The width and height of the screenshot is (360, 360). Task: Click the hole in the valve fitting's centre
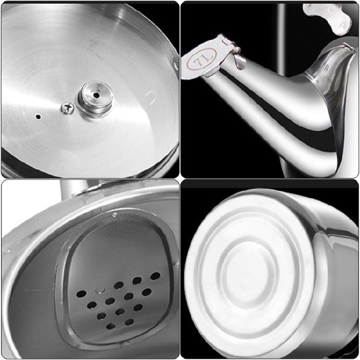tap(96, 95)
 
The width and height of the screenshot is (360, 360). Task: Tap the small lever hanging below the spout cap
tap(239, 60)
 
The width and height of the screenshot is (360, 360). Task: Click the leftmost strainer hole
tap(82, 294)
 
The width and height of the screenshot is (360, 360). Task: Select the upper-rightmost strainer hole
tap(155, 276)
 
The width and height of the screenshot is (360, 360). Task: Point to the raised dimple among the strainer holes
tap(100, 290)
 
